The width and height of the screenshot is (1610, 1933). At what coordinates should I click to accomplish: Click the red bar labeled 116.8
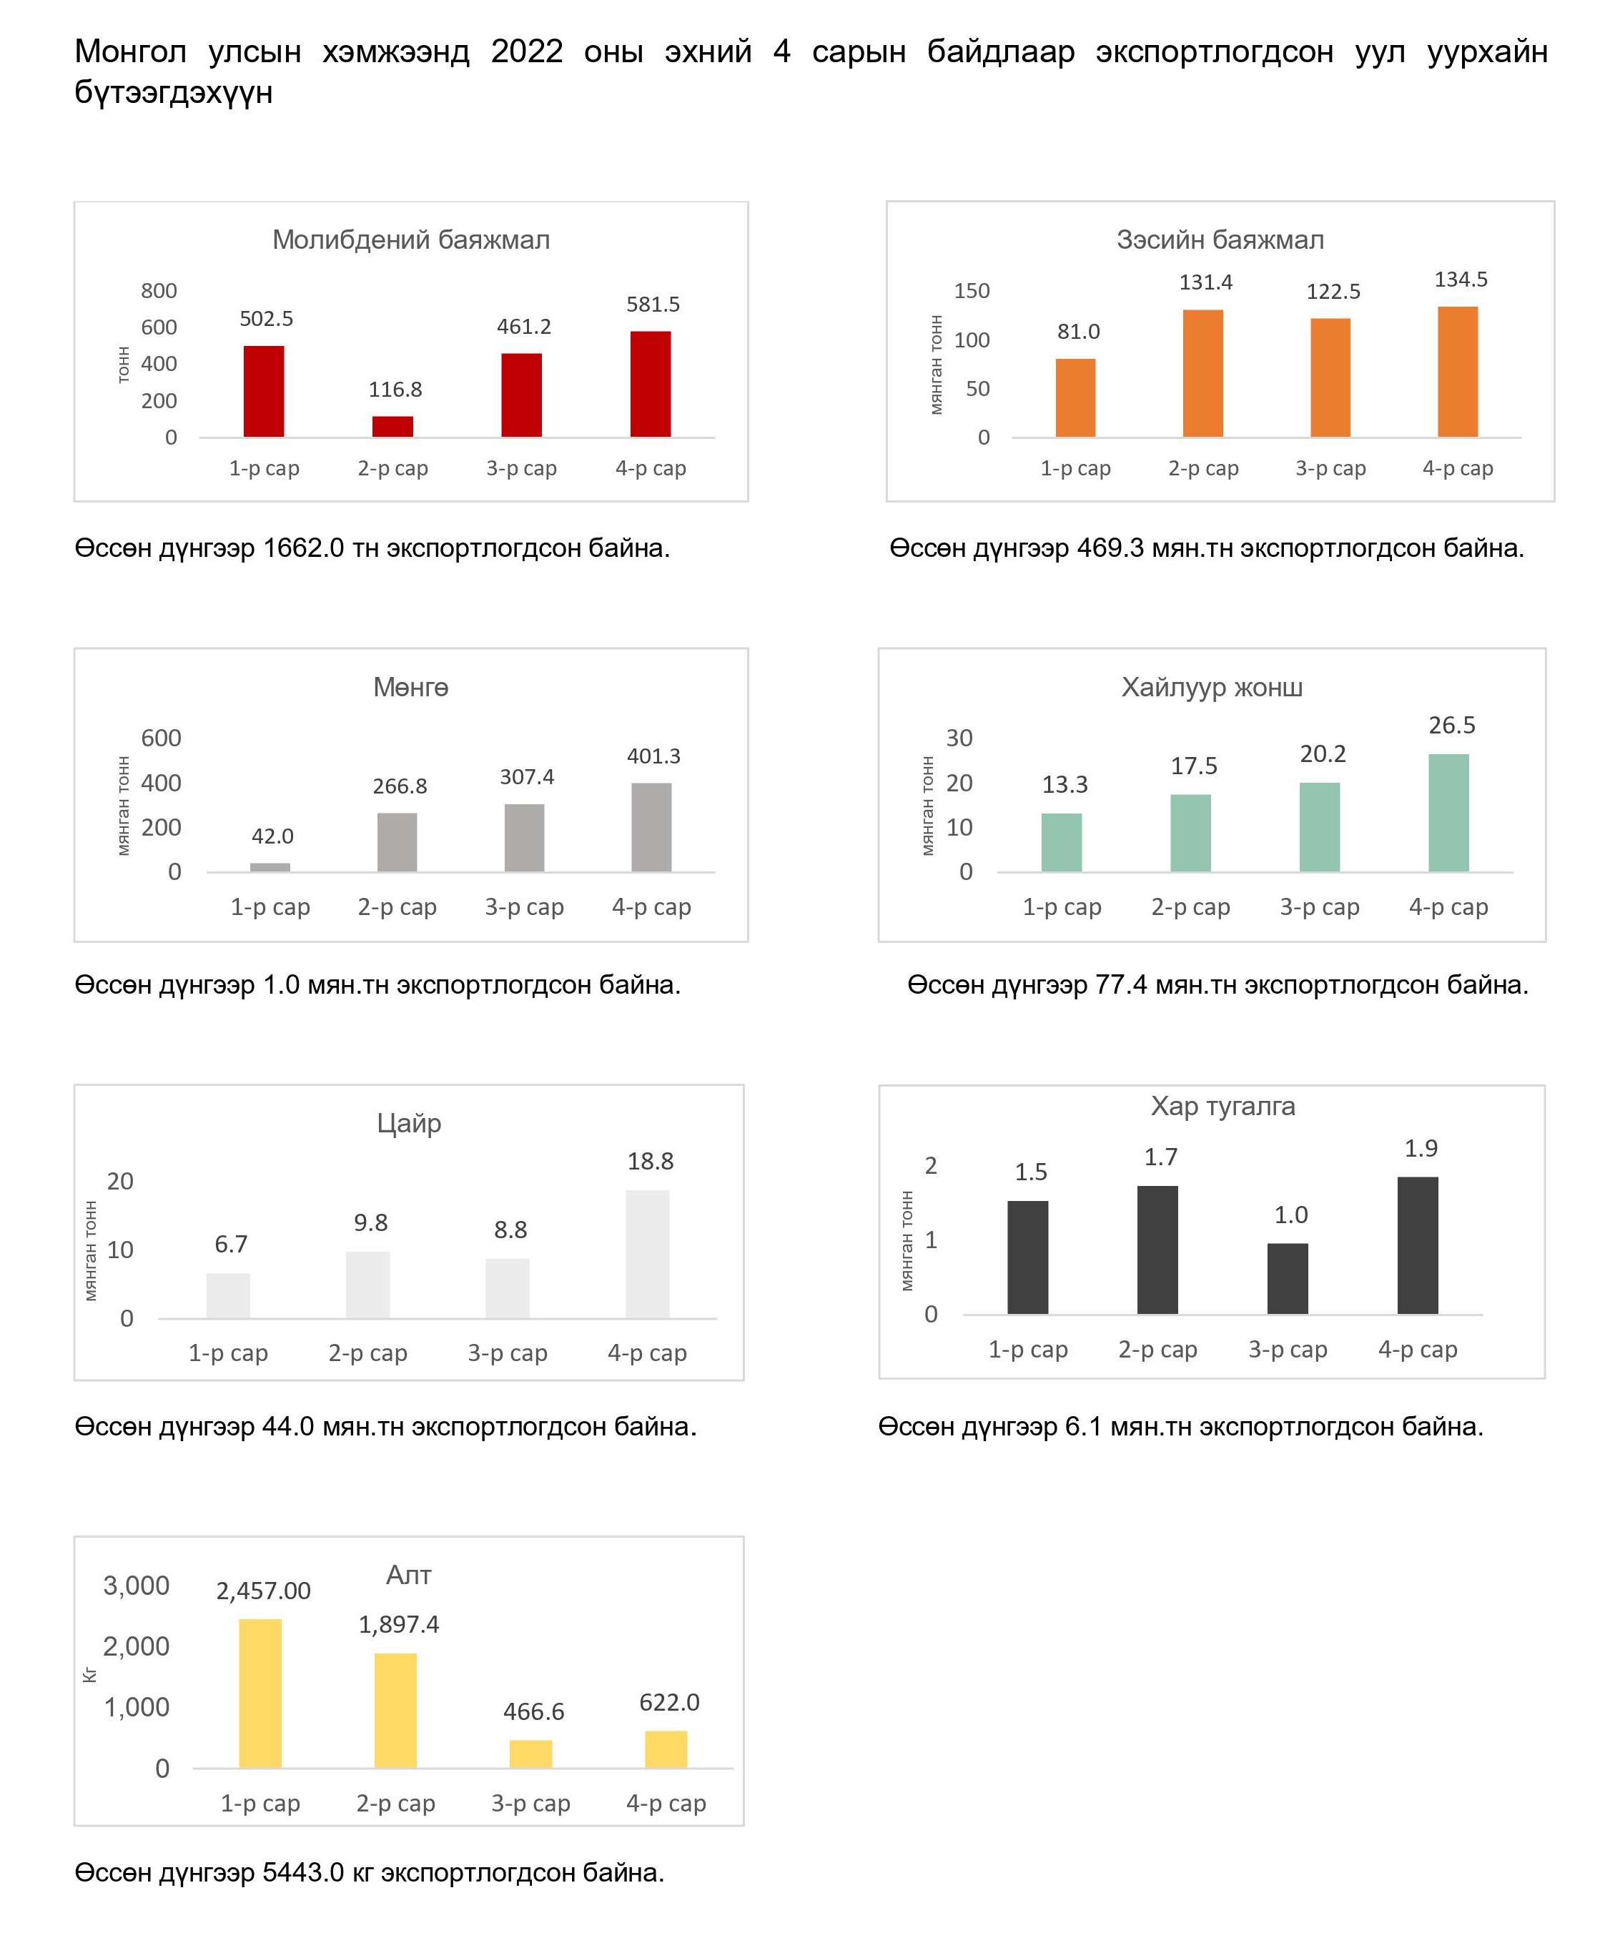(x=392, y=426)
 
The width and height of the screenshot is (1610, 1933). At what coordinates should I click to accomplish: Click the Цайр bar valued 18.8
(x=647, y=1254)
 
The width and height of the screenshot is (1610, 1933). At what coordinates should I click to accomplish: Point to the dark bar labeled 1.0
(x=1287, y=1279)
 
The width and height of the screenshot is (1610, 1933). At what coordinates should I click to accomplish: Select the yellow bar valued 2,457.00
(x=260, y=1694)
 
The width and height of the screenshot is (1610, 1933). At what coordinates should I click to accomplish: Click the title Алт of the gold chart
(x=409, y=1575)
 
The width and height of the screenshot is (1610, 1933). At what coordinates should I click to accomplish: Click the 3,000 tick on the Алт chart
(x=137, y=1585)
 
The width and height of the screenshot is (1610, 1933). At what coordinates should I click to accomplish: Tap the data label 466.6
(x=533, y=1711)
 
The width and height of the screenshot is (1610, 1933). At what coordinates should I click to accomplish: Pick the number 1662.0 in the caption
(x=304, y=548)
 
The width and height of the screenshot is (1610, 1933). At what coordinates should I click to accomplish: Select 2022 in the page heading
(x=527, y=51)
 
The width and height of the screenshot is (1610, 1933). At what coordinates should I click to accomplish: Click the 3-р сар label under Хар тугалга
(x=1287, y=1350)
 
